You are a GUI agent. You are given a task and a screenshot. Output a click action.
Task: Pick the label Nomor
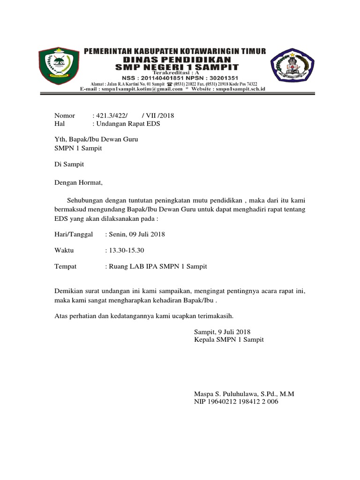pos(65,116)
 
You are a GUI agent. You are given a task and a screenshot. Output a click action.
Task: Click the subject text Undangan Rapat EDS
pos(128,124)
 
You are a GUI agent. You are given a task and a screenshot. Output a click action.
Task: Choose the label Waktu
pos(64,250)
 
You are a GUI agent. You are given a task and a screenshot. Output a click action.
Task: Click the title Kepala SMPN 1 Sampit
pos(229,339)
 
